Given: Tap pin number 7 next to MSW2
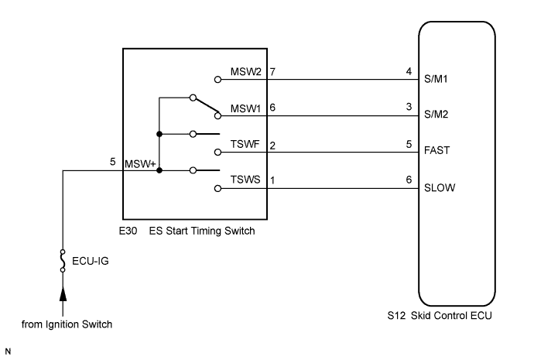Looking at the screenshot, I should pos(273,72).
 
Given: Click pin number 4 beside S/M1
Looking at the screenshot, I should pos(409,71).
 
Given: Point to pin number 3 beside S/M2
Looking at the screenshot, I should pos(409,108).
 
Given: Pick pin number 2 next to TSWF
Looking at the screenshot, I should pos(273,146).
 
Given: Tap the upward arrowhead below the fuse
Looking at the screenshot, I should pos(63,296).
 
